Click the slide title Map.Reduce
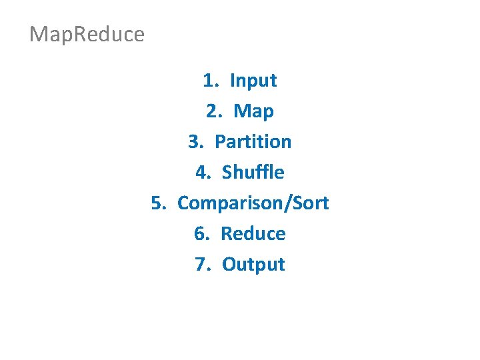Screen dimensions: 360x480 87,34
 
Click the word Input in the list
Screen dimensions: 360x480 253,81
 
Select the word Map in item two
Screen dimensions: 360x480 253,111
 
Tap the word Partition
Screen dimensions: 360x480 253,141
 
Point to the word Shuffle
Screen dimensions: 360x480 253,172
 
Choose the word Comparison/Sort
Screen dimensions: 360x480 253,203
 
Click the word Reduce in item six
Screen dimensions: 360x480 253,233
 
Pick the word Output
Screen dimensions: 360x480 253,264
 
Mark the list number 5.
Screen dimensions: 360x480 157,203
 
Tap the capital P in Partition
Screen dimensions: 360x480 220,141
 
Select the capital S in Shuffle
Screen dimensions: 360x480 227,172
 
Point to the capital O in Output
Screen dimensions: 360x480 229,264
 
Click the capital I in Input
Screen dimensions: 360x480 232,81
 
